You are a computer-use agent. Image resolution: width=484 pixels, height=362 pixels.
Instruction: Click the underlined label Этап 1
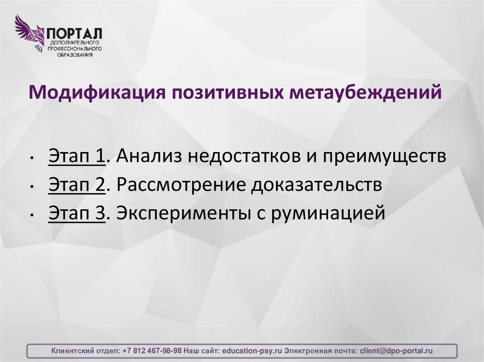click(76, 156)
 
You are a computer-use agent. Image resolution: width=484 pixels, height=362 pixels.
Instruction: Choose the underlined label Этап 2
click(76, 185)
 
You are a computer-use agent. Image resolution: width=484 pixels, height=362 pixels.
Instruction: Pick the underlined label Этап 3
click(76, 213)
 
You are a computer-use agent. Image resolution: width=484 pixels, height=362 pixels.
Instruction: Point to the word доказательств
click(316, 185)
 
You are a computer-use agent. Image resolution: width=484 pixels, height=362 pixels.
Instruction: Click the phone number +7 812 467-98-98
click(152, 351)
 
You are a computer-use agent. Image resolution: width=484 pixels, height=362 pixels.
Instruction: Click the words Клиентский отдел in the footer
click(84, 351)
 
